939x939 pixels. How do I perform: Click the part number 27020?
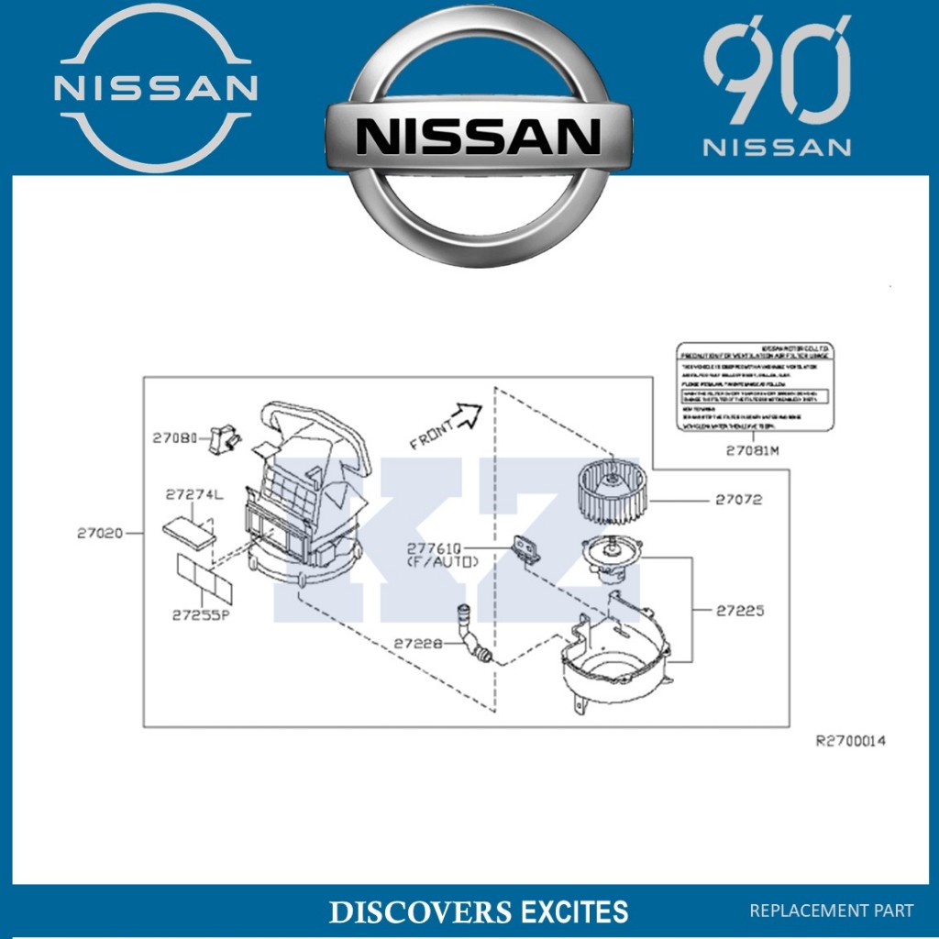(x=99, y=532)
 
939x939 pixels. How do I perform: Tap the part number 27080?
(x=174, y=439)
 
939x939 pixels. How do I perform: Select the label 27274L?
(x=193, y=494)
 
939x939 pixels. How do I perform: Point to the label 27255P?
(x=200, y=615)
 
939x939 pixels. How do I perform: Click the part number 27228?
(x=418, y=644)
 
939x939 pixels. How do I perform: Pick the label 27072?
(x=739, y=501)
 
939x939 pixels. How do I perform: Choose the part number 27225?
(x=740, y=610)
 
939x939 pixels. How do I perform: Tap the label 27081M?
(x=752, y=450)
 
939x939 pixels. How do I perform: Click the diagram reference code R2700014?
(x=851, y=741)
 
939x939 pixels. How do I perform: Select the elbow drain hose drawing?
(x=472, y=633)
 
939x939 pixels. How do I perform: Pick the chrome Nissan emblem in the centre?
(x=479, y=138)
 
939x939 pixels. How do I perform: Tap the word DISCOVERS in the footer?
(x=420, y=912)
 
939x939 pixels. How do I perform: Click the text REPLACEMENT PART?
(x=832, y=911)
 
